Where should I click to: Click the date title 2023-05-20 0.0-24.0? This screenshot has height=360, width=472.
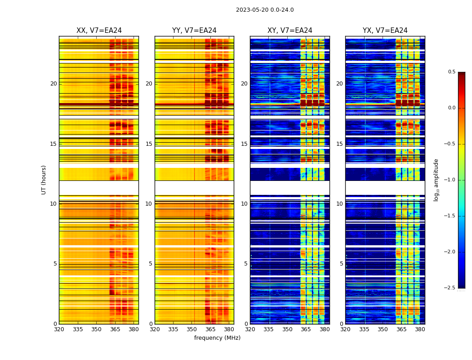(265, 10)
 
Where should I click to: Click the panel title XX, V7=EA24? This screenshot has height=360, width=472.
(99, 31)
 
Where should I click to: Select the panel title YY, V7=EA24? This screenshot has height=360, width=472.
(194, 31)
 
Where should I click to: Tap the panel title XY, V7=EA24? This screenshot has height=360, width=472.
(290, 31)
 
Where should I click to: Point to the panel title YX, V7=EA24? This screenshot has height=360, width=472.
(385, 31)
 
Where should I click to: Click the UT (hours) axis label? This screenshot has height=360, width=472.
(44, 180)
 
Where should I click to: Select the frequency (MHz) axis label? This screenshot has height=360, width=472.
(217, 338)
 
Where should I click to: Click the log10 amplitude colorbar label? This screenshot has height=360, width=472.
(436, 180)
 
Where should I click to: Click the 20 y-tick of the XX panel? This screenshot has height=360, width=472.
(53, 84)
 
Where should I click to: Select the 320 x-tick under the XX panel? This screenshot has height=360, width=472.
(59, 329)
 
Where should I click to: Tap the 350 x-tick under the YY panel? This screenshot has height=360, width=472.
(192, 329)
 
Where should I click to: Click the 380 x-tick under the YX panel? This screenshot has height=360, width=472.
(420, 329)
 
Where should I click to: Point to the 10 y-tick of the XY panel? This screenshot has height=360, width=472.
(244, 204)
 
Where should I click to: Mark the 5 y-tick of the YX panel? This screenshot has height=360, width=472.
(342, 264)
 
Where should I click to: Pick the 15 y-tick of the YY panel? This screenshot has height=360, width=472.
(149, 144)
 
